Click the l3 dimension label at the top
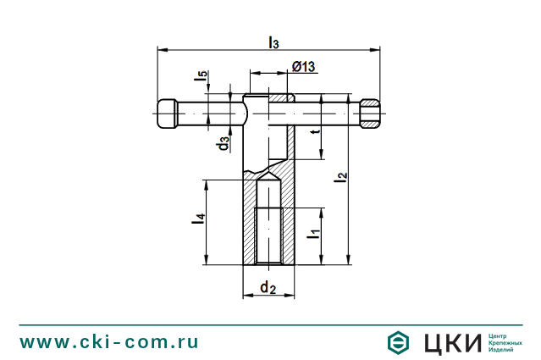click(273, 42)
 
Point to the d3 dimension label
click(223, 143)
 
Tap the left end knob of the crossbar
click(167, 114)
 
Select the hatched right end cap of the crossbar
click(370, 114)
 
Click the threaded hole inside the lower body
click(268, 234)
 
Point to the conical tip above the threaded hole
click(268, 187)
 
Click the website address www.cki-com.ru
click(109, 341)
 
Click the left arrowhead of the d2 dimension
click(246, 296)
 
